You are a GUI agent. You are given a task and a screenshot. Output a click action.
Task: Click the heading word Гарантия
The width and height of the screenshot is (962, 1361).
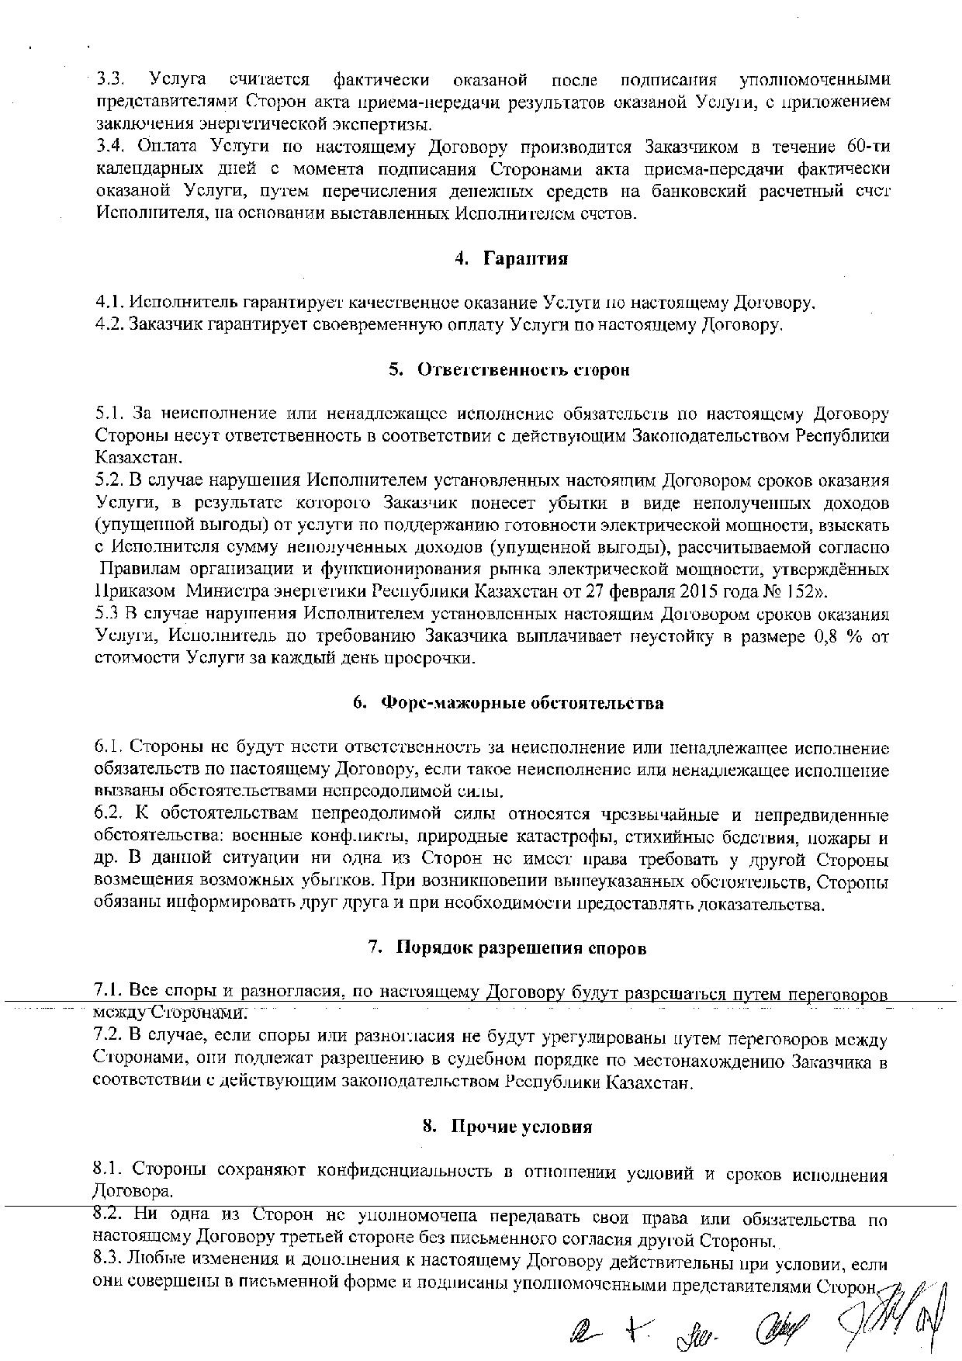525,258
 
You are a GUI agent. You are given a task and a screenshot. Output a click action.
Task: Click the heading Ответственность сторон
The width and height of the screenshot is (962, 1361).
524,369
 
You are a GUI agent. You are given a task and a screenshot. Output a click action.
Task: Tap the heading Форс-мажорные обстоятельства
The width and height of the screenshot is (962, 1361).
521,703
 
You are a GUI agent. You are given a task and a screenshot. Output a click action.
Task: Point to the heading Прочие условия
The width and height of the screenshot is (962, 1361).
521,1126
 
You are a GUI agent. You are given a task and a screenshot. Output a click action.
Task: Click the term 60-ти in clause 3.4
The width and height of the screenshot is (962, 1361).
864,147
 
